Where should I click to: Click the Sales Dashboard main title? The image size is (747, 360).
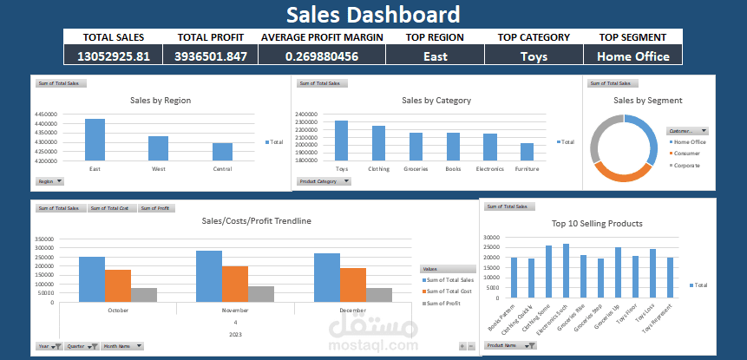[x=373, y=14]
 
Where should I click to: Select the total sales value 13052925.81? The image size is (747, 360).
[x=114, y=56]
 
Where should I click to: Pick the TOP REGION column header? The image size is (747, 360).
[x=435, y=37]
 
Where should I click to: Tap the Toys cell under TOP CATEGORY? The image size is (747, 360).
[x=534, y=56]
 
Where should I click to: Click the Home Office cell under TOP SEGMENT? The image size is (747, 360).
[x=632, y=56]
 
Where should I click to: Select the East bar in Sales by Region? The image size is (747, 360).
[x=95, y=140]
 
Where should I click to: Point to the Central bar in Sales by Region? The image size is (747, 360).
[x=222, y=152]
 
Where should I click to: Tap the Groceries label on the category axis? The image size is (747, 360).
[x=416, y=169]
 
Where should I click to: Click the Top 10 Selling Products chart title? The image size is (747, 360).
[x=597, y=224]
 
